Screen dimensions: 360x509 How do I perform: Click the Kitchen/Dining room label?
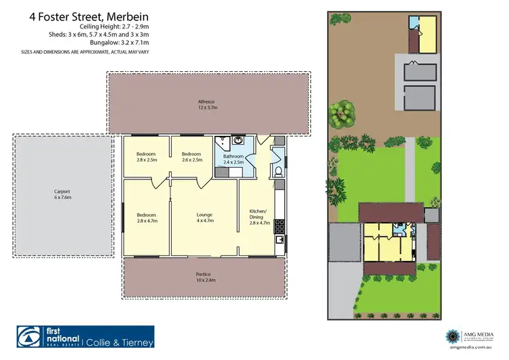[258, 214]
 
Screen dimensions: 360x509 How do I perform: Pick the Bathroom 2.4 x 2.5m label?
[233, 159]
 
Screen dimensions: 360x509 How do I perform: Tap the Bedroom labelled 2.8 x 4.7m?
[147, 217]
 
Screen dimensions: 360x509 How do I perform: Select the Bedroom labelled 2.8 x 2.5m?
[147, 157]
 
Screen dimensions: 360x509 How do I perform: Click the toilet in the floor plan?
[278, 170]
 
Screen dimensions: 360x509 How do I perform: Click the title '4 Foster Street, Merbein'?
[88, 14]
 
